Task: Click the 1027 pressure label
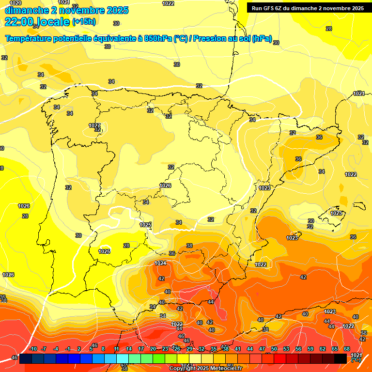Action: [94, 125]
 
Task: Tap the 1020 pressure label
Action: [15, 3]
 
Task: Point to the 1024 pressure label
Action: [160, 263]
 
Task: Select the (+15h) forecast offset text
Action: [83, 22]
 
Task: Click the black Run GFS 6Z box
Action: [308, 8]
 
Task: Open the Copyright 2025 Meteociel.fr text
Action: [205, 368]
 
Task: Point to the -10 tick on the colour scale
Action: [33, 349]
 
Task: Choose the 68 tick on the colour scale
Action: [347, 349]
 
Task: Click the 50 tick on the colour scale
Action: [274, 349]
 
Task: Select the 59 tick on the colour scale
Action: [310, 349]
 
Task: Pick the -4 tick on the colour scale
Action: [56, 349]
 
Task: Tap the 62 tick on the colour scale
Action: [323, 349]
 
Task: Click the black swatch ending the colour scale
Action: [341, 358]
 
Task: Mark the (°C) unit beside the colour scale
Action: [356, 360]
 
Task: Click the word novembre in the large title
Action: [82, 10]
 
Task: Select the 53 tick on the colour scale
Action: [286, 349]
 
